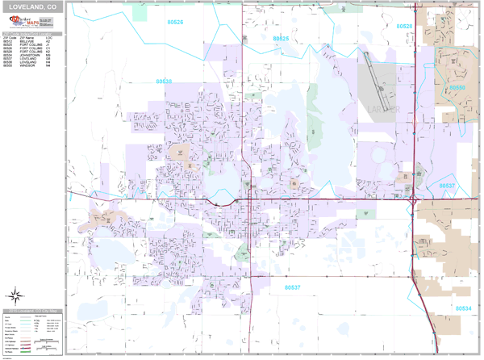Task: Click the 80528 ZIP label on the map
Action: [x=404, y=26]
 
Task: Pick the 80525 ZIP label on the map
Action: [x=280, y=38]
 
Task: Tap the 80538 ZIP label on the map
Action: [x=164, y=82]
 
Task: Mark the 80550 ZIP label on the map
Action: [x=457, y=87]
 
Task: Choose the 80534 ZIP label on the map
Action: [x=463, y=308]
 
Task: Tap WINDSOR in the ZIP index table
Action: [x=27, y=65]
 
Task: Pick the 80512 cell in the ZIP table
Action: [x=8, y=40]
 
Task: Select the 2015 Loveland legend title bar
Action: [x=32, y=310]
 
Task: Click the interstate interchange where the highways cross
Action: [x=412, y=199]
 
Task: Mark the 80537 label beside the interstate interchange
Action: [x=447, y=186]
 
